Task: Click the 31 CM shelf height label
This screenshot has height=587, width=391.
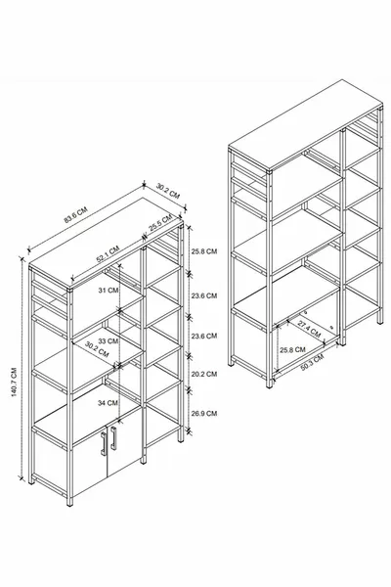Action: (107, 290)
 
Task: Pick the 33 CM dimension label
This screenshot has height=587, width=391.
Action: (107, 341)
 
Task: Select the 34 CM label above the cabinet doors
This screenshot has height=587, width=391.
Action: (107, 402)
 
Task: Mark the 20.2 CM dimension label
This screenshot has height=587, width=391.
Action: (204, 373)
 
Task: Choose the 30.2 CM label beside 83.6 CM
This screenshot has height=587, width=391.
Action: (168, 190)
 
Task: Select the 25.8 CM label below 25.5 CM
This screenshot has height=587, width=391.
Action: (204, 251)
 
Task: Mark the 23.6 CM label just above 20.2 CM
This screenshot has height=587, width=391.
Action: (204, 336)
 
